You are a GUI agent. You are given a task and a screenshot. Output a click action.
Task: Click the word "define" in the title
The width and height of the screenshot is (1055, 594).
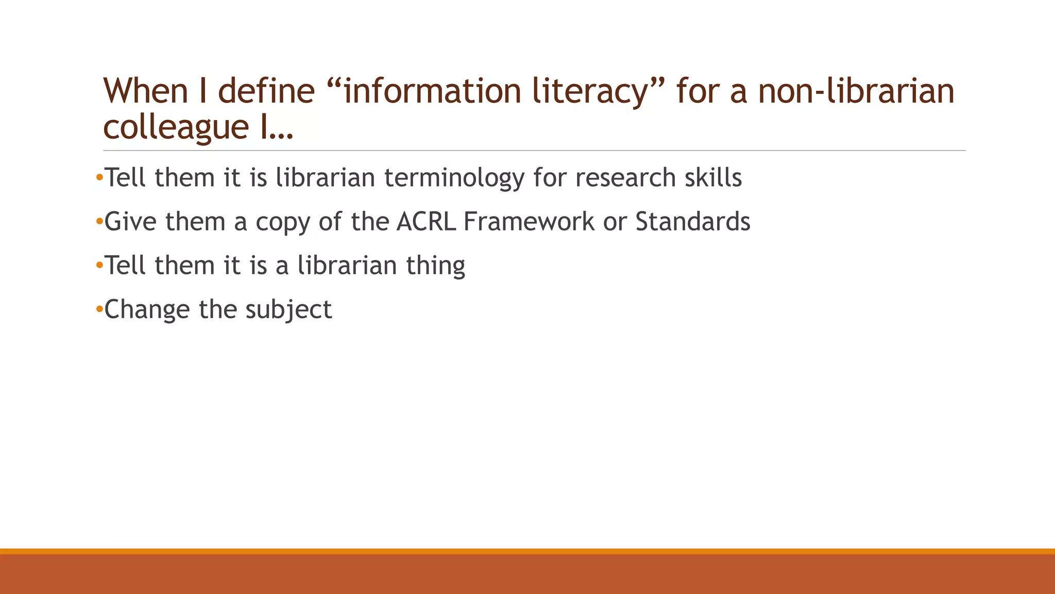click(x=266, y=91)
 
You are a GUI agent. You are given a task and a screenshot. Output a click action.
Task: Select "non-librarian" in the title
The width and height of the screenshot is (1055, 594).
click(x=856, y=91)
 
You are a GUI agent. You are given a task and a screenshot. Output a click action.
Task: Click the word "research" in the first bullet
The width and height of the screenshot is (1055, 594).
click(x=625, y=178)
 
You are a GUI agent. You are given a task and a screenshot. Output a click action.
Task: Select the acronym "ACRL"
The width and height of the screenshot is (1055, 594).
click(x=426, y=222)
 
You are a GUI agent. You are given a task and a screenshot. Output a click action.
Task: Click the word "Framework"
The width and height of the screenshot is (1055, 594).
click(x=529, y=222)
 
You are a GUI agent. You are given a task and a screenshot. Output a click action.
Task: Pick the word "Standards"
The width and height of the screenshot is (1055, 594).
click(x=692, y=222)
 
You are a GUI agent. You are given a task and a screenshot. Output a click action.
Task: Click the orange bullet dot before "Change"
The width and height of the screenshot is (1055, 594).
click(x=99, y=309)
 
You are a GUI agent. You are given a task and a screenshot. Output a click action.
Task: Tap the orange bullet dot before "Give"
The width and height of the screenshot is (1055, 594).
click(x=99, y=222)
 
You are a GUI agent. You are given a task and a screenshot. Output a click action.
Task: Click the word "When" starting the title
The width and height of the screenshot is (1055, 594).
click(x=146, y=91)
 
